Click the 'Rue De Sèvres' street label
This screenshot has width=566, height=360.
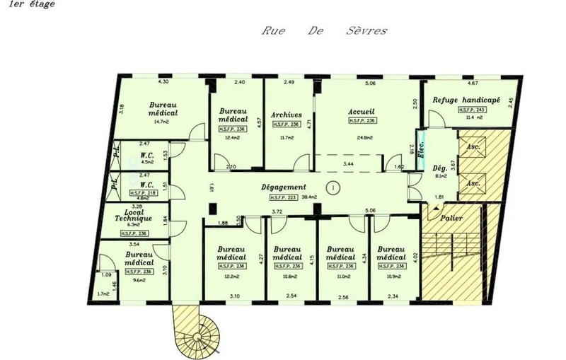coord(325,32)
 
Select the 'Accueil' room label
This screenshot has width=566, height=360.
coord(361,112)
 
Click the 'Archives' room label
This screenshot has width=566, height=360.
coord(287,115)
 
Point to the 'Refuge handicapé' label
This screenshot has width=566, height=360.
coord(466,100)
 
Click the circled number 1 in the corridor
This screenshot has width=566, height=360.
coord(332,187)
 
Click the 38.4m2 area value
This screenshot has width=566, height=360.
coord(310,197)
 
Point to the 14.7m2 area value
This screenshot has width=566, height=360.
coord(163,122)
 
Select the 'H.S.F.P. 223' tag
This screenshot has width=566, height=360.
coord(282,197)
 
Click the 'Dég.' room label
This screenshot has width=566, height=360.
coord(439,169)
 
